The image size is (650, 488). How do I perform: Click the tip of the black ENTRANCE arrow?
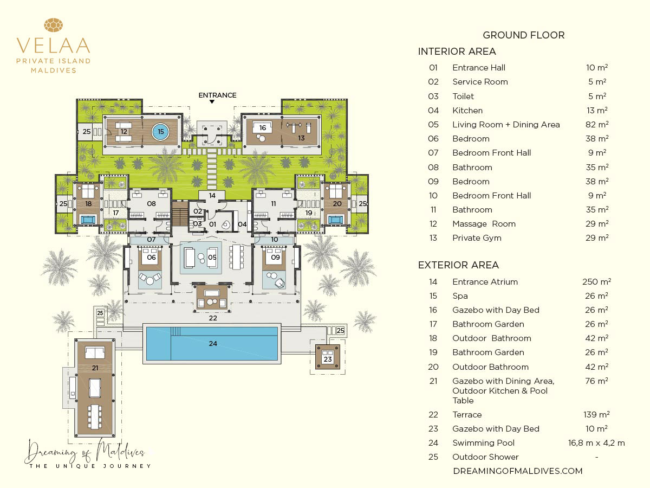[x=212, y=104]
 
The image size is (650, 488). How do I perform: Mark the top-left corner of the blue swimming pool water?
[x=147, y=327]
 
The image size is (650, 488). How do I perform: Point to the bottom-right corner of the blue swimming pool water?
[x=278, y=360]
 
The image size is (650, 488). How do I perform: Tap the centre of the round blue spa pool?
[x=160, y=132]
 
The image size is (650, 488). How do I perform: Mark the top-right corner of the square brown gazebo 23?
[x=340, y=345]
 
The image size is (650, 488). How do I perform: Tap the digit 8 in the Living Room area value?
[x=588, y=125]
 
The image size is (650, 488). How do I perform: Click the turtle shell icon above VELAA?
[x=53, y=25]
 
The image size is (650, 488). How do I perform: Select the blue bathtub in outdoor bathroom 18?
[x=88, y=220]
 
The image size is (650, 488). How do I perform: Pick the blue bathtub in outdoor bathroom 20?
[x=335, y=220]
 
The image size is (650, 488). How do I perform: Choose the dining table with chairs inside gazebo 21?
[x=94, y=416]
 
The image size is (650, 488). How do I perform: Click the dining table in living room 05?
[x=236, y=257]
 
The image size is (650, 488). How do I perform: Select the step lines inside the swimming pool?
[x=175, y=331]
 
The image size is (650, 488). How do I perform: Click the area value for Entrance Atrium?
[x=596, y=281]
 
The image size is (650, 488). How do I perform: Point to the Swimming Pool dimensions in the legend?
[x=596, y=443]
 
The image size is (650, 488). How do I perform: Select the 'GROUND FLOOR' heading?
[x=524, y=35]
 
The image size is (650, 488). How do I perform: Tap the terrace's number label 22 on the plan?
[x=213, y=318]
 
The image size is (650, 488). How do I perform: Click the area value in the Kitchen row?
[x=597, y=111]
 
